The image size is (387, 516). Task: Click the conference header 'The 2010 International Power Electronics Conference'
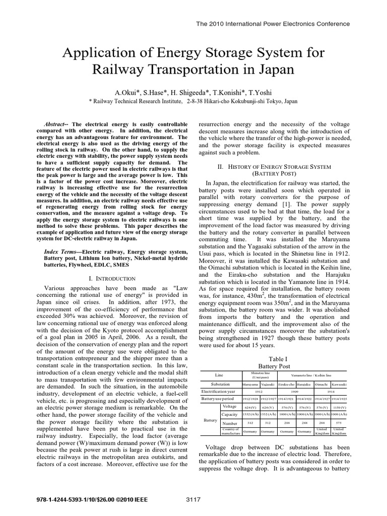272,24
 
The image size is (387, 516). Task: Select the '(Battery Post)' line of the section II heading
271,173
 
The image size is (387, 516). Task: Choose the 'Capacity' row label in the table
230,415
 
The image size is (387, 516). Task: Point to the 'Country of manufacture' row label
230,431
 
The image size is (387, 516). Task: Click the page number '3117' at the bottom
193,499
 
